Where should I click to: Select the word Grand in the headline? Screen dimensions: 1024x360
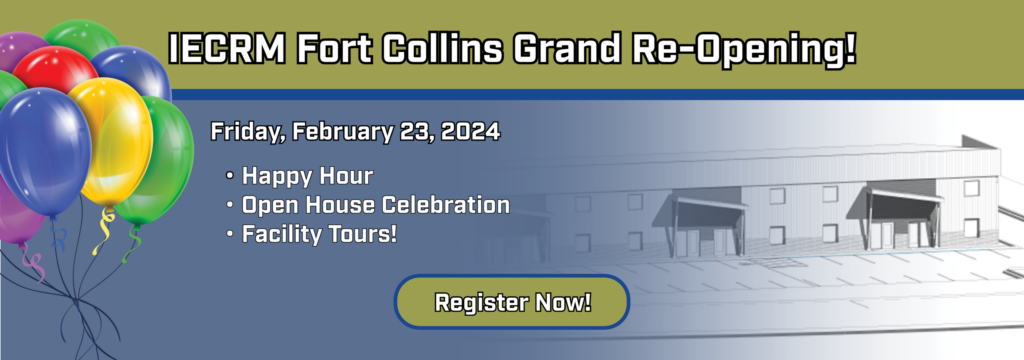565,49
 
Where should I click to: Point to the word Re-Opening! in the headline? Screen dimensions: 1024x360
740,50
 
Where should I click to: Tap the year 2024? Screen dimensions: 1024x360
470,131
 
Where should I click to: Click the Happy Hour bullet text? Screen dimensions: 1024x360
307,176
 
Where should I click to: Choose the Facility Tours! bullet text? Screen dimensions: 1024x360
319,234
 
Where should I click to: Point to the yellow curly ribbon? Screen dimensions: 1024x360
103,231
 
